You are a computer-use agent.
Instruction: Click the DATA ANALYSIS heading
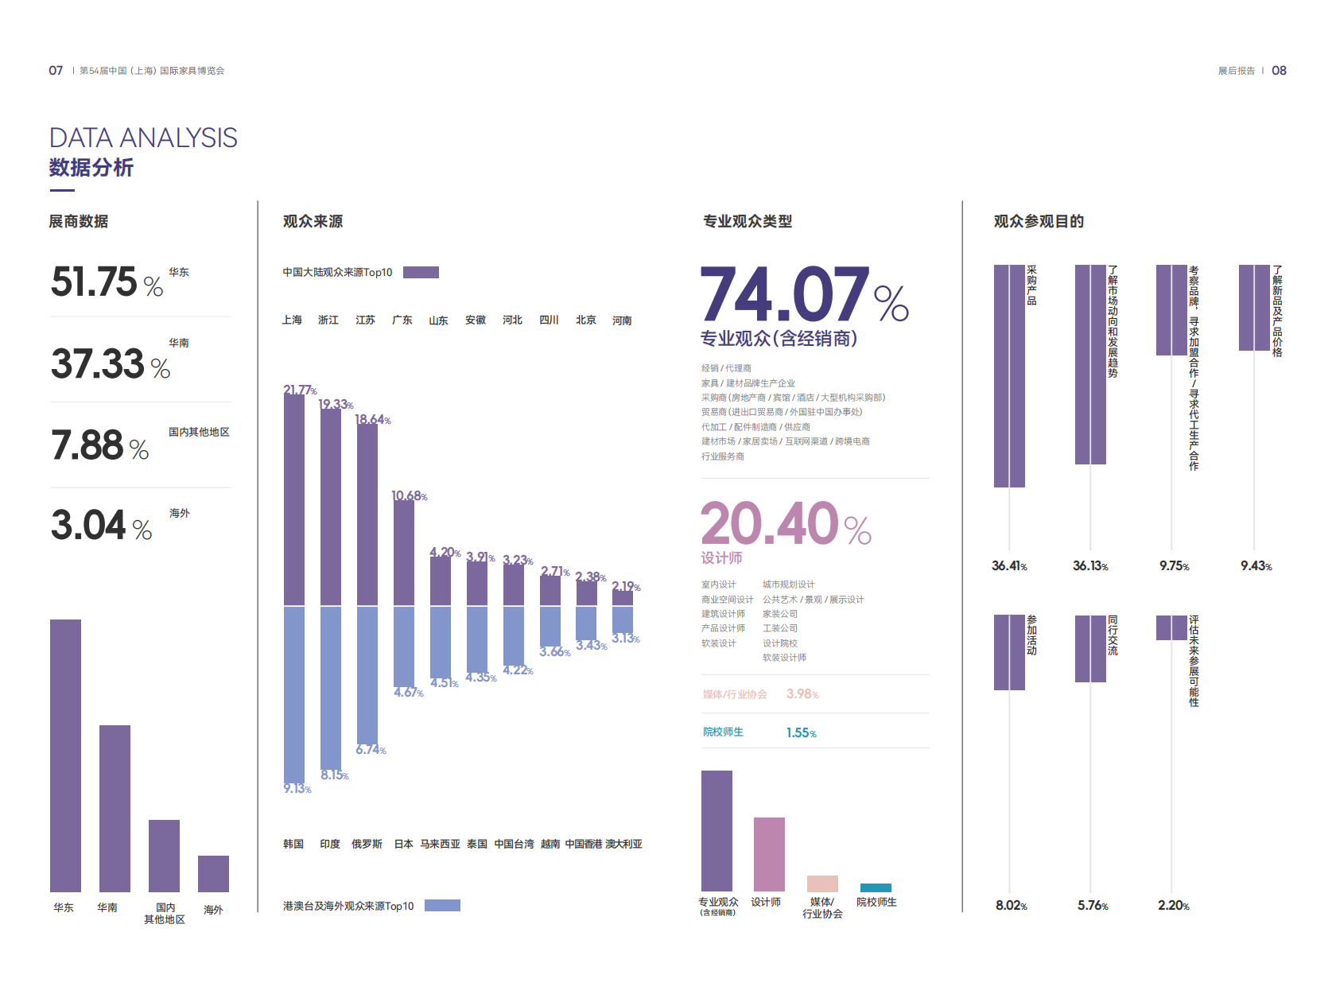click(143, 138)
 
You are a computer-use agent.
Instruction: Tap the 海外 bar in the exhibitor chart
click(213, 873)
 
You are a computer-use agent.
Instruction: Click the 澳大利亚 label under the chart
click(623, 844)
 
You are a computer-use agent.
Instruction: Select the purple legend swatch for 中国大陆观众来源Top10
click(421, 272)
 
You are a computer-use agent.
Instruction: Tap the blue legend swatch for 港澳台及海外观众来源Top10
click(442, 905)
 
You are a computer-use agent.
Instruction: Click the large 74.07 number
click(784, 294)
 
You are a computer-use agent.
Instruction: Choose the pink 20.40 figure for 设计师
click(770, 523)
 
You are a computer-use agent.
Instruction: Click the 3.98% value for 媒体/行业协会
click(802, 694)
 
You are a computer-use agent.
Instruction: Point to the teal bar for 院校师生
click(876, 887)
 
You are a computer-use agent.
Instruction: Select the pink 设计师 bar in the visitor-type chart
click(769, 854)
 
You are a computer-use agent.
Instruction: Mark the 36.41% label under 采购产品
click(1009, 566)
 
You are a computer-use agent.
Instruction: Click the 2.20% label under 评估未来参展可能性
click(1173, 906)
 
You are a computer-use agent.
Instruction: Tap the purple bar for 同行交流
click(1090, 648)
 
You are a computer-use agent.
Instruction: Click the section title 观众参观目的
click(1039, 221)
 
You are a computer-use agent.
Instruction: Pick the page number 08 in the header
click(1279, 71)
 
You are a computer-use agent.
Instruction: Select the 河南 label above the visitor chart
click(622, 320)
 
